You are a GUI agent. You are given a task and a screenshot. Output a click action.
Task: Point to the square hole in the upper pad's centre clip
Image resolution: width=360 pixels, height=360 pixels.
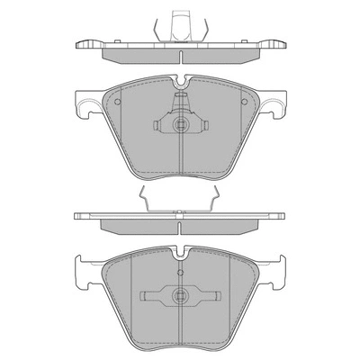pos(180,125)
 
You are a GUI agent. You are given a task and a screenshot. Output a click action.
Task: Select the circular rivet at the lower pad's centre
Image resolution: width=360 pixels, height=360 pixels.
pos(180,292)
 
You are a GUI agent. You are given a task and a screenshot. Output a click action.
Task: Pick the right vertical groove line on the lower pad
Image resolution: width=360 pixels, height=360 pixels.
pos(229,288)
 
